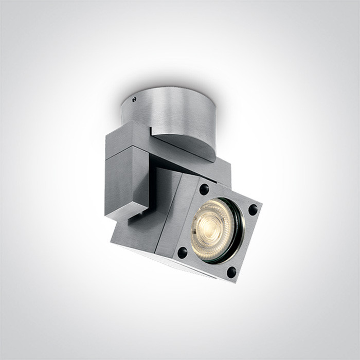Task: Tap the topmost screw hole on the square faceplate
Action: click(205, 189)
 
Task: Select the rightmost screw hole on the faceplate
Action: click(253, 209)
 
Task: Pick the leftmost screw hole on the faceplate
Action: click(182, 252)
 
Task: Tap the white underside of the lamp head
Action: click(170, 265)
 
